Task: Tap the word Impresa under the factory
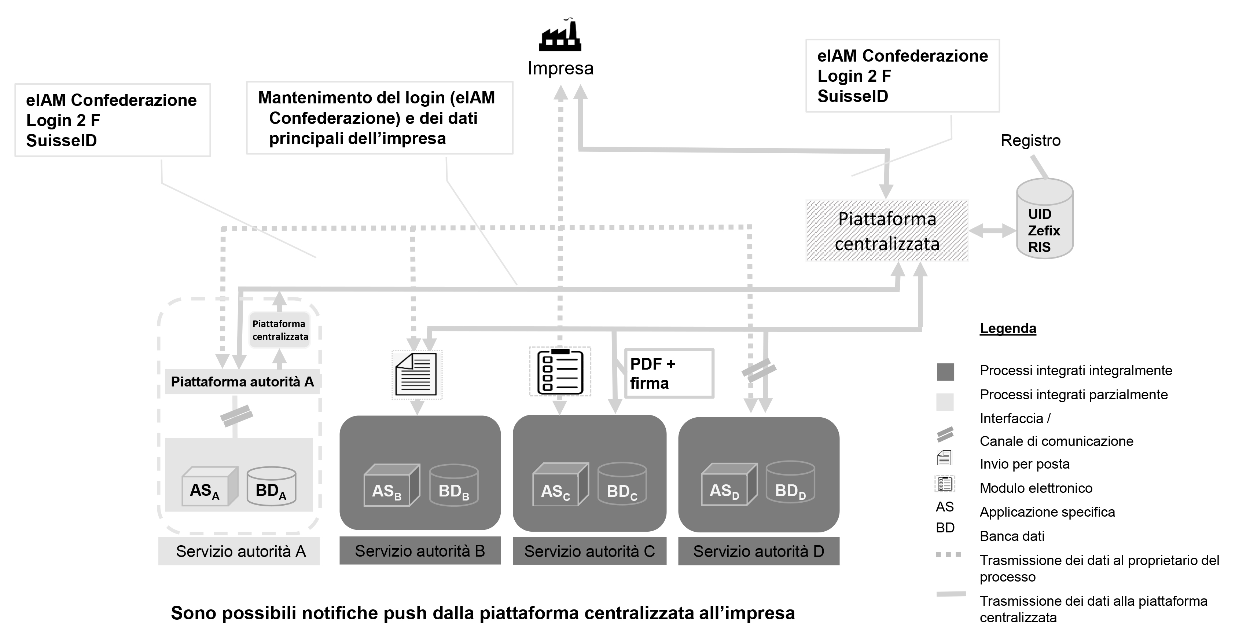point(560,68)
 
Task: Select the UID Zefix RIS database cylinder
point(1045,219)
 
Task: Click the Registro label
point(1031,140)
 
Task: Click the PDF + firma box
point(669,373)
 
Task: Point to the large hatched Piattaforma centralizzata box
point(887,231)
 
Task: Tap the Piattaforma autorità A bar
point(242,382)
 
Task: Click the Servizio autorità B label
point(420,551)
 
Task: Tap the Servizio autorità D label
point(758,551)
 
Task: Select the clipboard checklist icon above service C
point(560,372)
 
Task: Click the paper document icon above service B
point(416,374)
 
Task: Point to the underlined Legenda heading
point(1008,328)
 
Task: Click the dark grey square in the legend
point(945,372)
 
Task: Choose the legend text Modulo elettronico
point(1036,488)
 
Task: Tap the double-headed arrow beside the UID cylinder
point(992,231)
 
